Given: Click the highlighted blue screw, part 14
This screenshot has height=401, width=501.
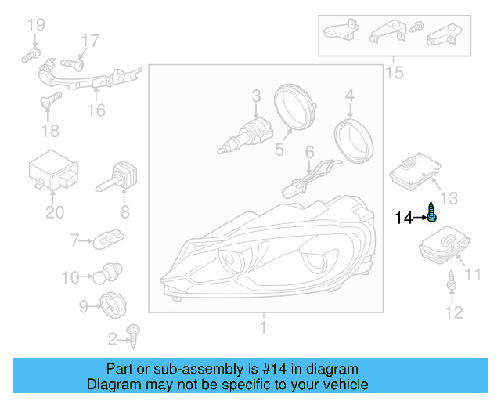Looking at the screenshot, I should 431,213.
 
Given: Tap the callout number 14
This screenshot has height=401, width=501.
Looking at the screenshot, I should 403,218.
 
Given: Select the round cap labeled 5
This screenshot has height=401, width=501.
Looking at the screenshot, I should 296,110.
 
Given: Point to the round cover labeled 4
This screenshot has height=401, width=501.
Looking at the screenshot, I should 354,140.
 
